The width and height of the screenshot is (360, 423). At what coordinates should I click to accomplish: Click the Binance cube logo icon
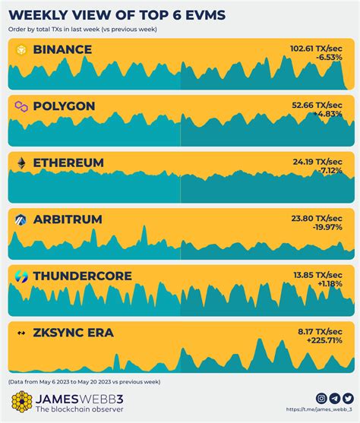click(21, 49)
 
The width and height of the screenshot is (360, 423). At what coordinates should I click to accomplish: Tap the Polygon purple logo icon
click(21, 106)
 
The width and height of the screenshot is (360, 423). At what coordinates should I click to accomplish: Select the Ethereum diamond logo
click(21, 163)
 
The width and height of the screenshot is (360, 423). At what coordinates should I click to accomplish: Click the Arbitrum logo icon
click(21, 220)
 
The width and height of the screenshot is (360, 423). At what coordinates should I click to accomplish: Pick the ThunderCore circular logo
click(21, 276)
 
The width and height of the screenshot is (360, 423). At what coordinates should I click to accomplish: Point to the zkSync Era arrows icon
click(21, 333)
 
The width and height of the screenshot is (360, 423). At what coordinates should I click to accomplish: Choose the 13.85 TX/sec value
click(324, 273)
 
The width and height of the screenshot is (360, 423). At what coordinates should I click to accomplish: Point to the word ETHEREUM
click(68, 163)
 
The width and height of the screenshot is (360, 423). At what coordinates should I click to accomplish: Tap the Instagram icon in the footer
click(321, 398)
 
